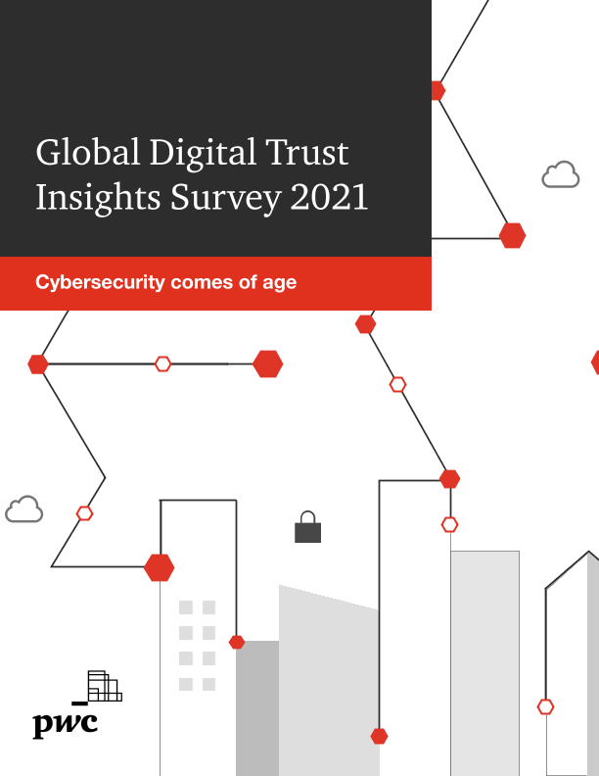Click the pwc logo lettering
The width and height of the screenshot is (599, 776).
pyautogui.click(x=66, y=725)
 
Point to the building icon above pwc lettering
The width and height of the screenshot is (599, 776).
pyautogui.click(x=103, y=686)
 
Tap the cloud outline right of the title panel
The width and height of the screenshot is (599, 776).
pyautogui.click(x=560, y=175)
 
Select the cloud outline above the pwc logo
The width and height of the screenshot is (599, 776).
pyautogui.click(x=24, y=509)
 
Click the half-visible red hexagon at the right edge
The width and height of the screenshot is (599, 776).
pyautogui.click(x=595, y=363)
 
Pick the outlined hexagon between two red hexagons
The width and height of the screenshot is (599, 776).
pyautogui.click(x=162, y=364)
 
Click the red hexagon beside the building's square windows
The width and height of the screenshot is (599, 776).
pyautogui.click(x=236, y=642)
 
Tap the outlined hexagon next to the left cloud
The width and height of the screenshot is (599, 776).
pyautogui.click(x=85, y=512)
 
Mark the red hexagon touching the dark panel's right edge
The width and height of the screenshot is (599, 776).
pyautogui.click(x=437, y=90)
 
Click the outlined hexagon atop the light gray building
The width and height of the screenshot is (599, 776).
pyautogui.click(x=449, y=524)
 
